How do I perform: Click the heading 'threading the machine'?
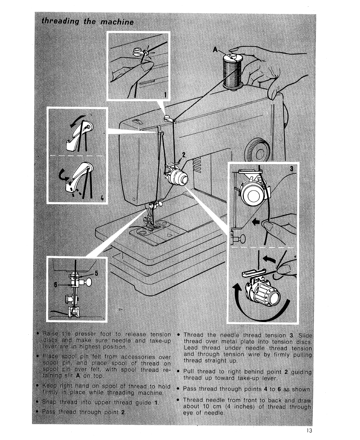tap(88, 22)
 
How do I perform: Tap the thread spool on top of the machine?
tap(232, 71)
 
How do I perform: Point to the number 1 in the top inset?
tap(165, 94)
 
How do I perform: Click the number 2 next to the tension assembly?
tap(184, 155)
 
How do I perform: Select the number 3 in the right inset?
tap(291, 169)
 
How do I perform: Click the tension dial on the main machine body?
tap(177, 177)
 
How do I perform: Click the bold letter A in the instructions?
tap(77, 376)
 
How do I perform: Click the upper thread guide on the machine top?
tap(166, 119)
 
